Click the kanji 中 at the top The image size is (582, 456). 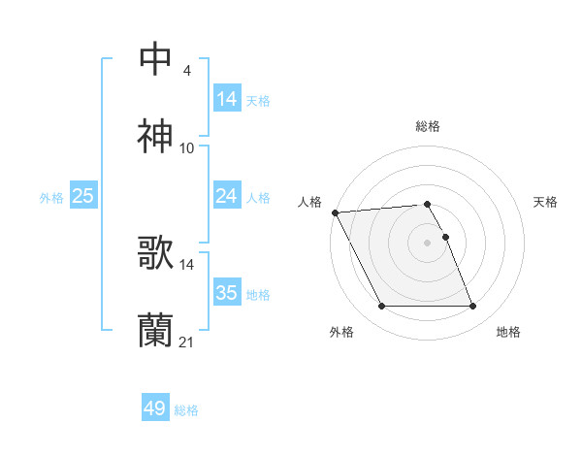156,59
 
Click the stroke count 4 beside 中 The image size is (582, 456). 186,70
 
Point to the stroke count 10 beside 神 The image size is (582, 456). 187,148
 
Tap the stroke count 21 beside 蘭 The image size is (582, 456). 187,342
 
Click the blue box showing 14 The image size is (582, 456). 227,98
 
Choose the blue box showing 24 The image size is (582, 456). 227,196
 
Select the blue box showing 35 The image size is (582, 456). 227,293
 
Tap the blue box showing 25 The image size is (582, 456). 83,196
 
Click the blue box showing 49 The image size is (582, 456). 155,408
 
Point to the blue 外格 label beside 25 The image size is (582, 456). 51,197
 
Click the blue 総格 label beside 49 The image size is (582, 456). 187,410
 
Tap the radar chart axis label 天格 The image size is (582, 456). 546,202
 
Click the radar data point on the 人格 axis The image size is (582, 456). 335,212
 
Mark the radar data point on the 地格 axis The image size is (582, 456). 472,307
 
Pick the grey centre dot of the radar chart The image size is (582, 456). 428,242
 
